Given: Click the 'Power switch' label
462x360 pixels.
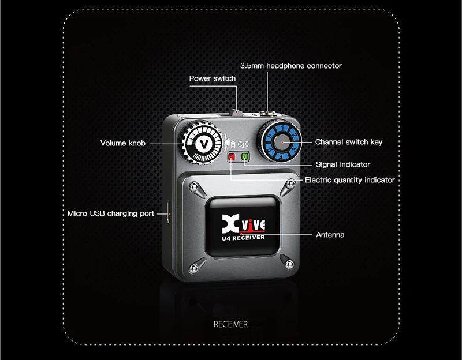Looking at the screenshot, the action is [212, 78].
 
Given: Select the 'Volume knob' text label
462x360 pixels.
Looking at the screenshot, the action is [123, 143].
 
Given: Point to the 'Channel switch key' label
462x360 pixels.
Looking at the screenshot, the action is [348, 142].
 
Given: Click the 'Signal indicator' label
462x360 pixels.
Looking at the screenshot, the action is [342, 164].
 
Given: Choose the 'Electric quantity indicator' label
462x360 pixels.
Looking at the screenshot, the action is [349, 180].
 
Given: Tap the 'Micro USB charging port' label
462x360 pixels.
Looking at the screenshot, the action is [110, 213].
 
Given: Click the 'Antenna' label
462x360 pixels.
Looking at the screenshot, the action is [330, 235].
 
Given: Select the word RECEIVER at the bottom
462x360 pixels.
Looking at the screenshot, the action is [230, 324].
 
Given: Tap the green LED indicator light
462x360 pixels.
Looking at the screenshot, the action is [245, 156].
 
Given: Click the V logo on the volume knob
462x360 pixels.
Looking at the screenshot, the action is [202, 142].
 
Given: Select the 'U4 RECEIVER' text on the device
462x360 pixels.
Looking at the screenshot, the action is [243, 237].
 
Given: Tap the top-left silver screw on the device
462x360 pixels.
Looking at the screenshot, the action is [191, 187].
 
